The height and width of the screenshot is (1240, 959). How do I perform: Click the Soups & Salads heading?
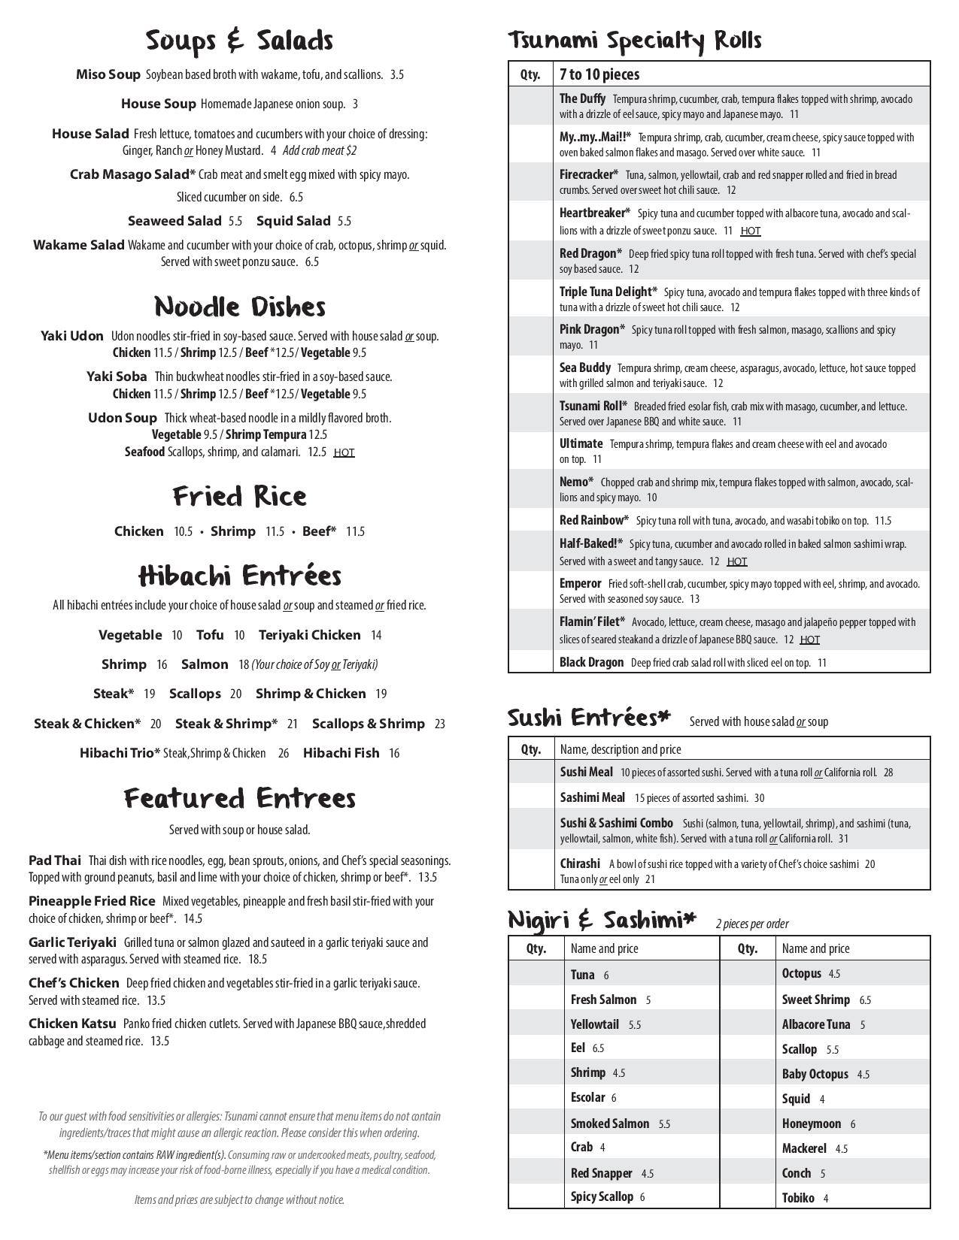239,41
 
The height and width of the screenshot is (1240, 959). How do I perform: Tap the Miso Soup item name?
108,74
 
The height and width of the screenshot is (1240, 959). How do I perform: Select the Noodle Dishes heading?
240,307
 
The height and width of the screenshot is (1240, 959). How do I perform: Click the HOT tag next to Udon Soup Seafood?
344,452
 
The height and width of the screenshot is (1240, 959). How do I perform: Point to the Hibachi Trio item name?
120,753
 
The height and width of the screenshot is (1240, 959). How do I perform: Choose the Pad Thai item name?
55,860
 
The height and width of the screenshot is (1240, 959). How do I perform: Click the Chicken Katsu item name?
72,1024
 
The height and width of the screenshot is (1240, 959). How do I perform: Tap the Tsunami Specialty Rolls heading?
635,41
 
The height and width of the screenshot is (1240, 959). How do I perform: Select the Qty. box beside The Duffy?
530,106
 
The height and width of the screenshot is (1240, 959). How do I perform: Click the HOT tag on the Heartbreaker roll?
750,231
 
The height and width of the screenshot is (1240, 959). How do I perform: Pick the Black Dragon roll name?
591,662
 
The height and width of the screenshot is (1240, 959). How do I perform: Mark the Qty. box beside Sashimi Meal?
530,797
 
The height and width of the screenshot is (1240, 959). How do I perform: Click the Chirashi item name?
580,863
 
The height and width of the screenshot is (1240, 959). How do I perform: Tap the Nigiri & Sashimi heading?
602,921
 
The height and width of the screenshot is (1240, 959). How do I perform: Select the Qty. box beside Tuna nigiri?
536,975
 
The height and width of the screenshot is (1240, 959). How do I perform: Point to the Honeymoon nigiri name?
812,1124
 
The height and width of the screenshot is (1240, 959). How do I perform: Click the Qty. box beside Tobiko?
747,1198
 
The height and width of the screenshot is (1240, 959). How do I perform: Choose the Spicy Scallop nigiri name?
602,1196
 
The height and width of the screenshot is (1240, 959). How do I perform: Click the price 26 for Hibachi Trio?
283,753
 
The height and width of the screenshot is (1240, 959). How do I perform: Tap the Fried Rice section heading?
240,496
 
